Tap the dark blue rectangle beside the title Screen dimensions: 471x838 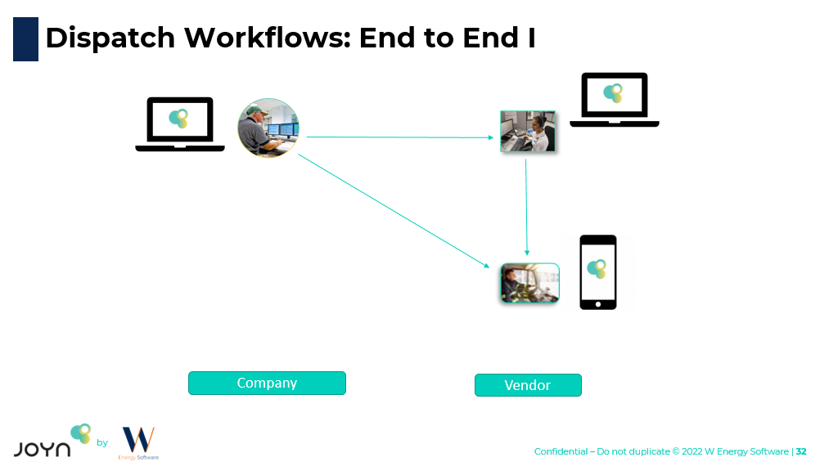tap(25, 39)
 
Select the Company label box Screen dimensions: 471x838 tap(267, 383)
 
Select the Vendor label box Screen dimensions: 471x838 tap(528, 385)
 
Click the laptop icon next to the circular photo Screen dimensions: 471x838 tap(180, 123)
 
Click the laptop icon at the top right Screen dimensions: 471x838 tap(614, 99)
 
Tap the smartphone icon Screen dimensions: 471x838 tap(597, 272)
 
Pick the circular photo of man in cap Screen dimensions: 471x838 tap(268, 128)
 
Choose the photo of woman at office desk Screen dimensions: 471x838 tap(528, 131)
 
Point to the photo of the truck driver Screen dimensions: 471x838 tap(529, 283)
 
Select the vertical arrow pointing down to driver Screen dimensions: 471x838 tap(526, 204)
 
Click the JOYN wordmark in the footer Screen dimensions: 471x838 tap(42, 448)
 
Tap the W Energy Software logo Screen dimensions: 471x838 tap(138, 442)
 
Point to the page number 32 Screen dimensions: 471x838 tap(801, 451)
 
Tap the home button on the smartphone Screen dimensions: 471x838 tap(597, 304)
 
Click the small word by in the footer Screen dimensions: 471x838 tap(102, 443)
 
